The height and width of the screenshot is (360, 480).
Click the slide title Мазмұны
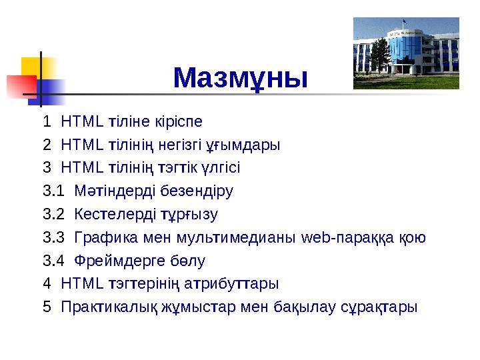[x=240, y=78]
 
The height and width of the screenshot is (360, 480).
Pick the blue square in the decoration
[x=52, y=92]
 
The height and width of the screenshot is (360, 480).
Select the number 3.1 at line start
[x=53, y=191]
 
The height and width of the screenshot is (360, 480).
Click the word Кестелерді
[x=115, y=215]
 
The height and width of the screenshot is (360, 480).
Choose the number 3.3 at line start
[x=53, y=238]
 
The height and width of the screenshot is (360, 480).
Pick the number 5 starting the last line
[x=46, y=307]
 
